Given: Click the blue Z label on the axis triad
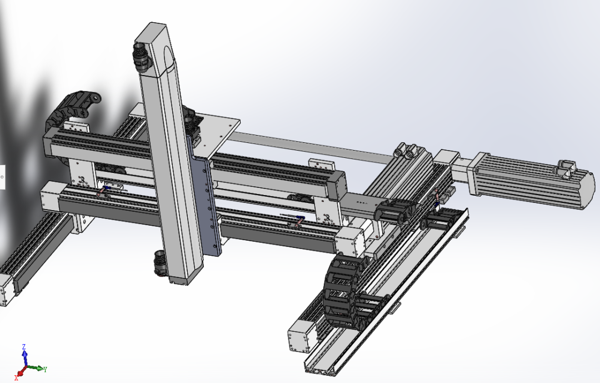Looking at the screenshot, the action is click(x=24, y=347).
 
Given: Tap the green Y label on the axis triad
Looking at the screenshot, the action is click(x=45, y=369).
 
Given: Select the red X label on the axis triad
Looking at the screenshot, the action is click(x=17, y=377).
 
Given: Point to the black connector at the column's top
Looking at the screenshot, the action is click(x=141, y=57).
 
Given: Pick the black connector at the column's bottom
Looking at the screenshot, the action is click(x=160, y=263).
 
